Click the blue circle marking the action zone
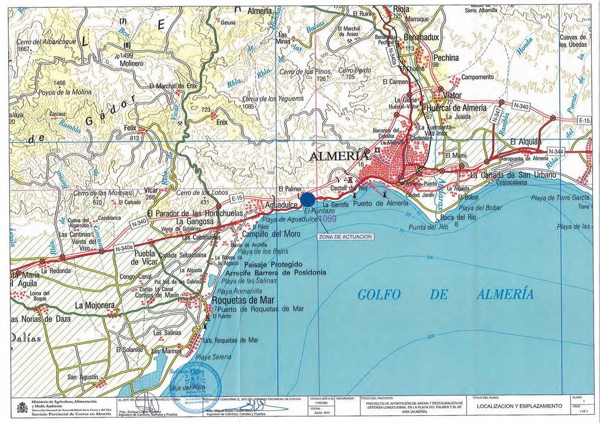tap(307, 200)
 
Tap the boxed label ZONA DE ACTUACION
tap(345, 237)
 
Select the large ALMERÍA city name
tap(339, 156)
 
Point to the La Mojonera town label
tap(94, 306)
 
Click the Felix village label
tap(129, 128)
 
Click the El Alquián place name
tap(526, 142)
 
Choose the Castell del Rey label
tap(349, 188)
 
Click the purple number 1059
tap(327, 218)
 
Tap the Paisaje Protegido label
tap(270, 265)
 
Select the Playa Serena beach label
tap(213, 357)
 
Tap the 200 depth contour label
tap(431, 337)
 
